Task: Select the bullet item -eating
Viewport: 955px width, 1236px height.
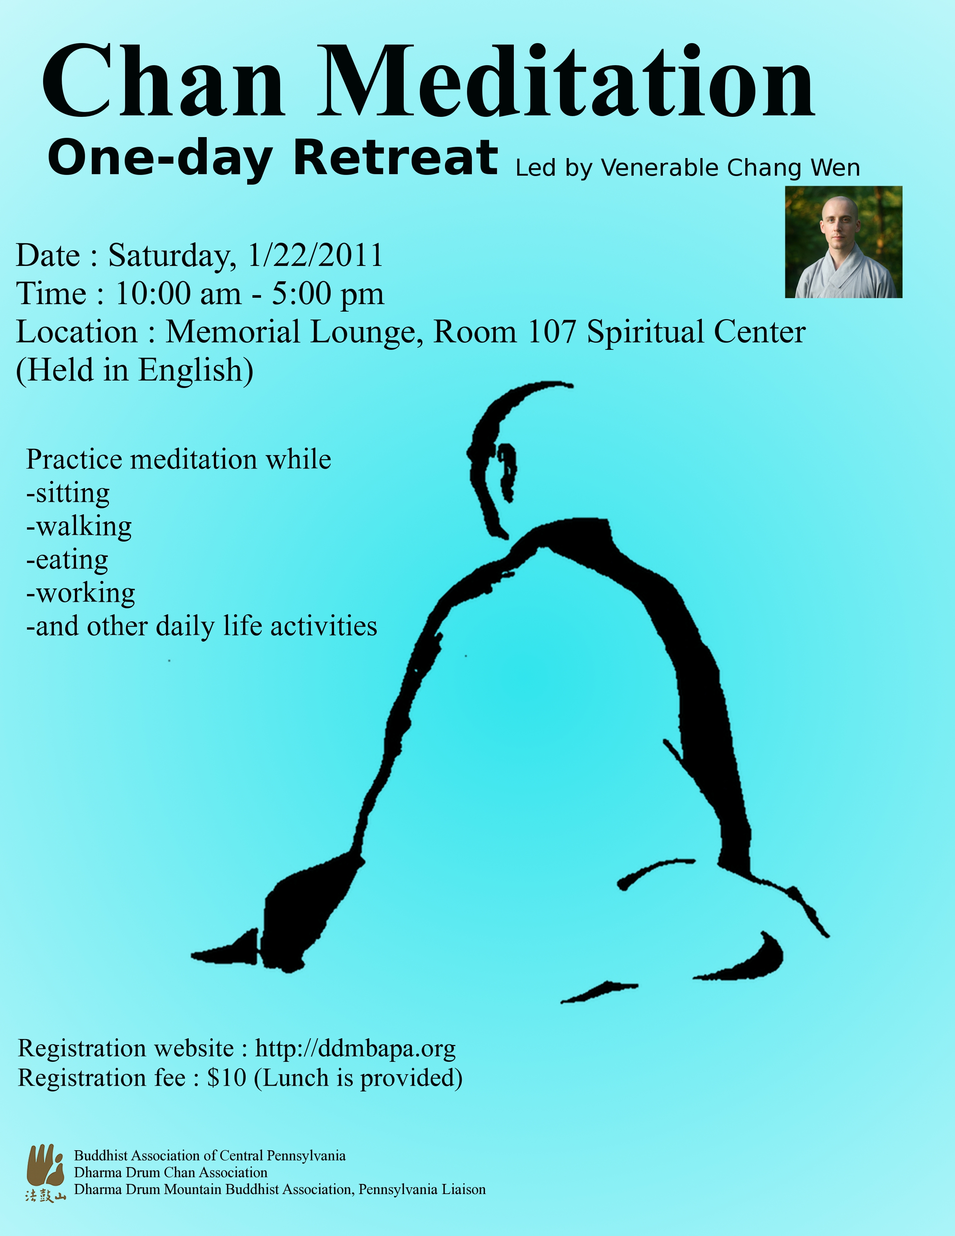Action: tap(67, 560)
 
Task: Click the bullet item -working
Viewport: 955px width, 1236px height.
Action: tap(81, 593)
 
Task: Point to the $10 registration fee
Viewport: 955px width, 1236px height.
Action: tap(226, 1078)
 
